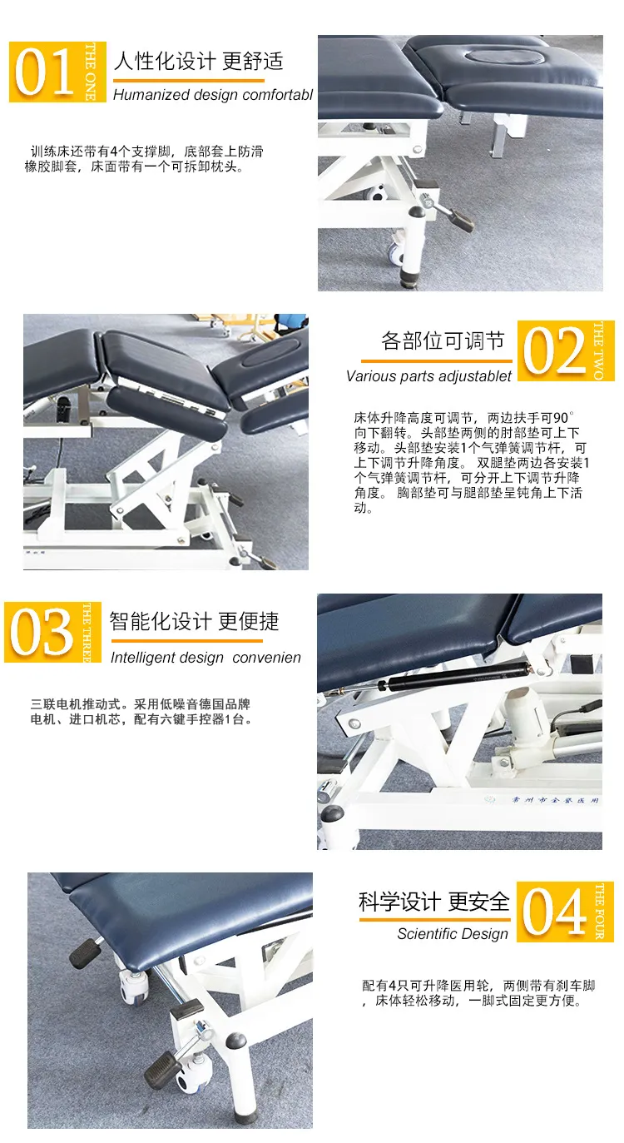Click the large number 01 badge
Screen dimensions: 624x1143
point(57,72)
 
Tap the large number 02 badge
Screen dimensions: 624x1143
point(566,350)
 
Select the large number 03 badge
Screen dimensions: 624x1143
point(53,632)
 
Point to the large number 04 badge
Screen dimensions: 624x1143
point(565,912)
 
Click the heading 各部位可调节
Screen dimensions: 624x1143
point(443,340)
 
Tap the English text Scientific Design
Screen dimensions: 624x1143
point(453,934)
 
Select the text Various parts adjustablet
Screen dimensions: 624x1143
point(428,376)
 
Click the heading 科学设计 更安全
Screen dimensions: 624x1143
point(434,902)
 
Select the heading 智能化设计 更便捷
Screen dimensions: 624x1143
point(194,621)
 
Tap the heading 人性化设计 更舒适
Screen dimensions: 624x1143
point(198,62)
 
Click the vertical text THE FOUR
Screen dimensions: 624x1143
point(600,912)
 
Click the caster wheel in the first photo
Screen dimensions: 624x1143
point(394,253)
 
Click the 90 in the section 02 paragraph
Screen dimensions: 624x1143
point(561,419)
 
